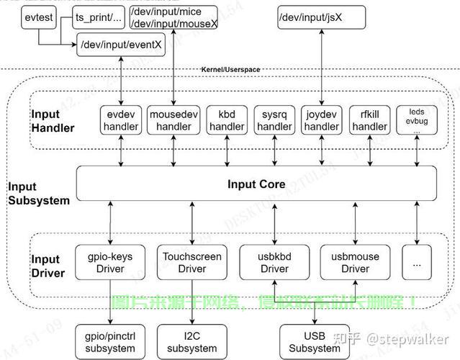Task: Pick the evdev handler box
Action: (x=120, y=120)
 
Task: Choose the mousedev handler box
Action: (x=173, y=120)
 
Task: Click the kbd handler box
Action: (x=226, y=120)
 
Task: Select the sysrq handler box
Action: (x=274, y=120)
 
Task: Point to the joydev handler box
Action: (x=321, y=120)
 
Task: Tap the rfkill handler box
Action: (x=369, y=120)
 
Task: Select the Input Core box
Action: (x=256, y=184)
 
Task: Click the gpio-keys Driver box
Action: (x=109, y=263)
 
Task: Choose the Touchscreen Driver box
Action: (x=192, y=263)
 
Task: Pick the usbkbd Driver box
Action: (x=274, y=263)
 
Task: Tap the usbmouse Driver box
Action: (x=355, y=263)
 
